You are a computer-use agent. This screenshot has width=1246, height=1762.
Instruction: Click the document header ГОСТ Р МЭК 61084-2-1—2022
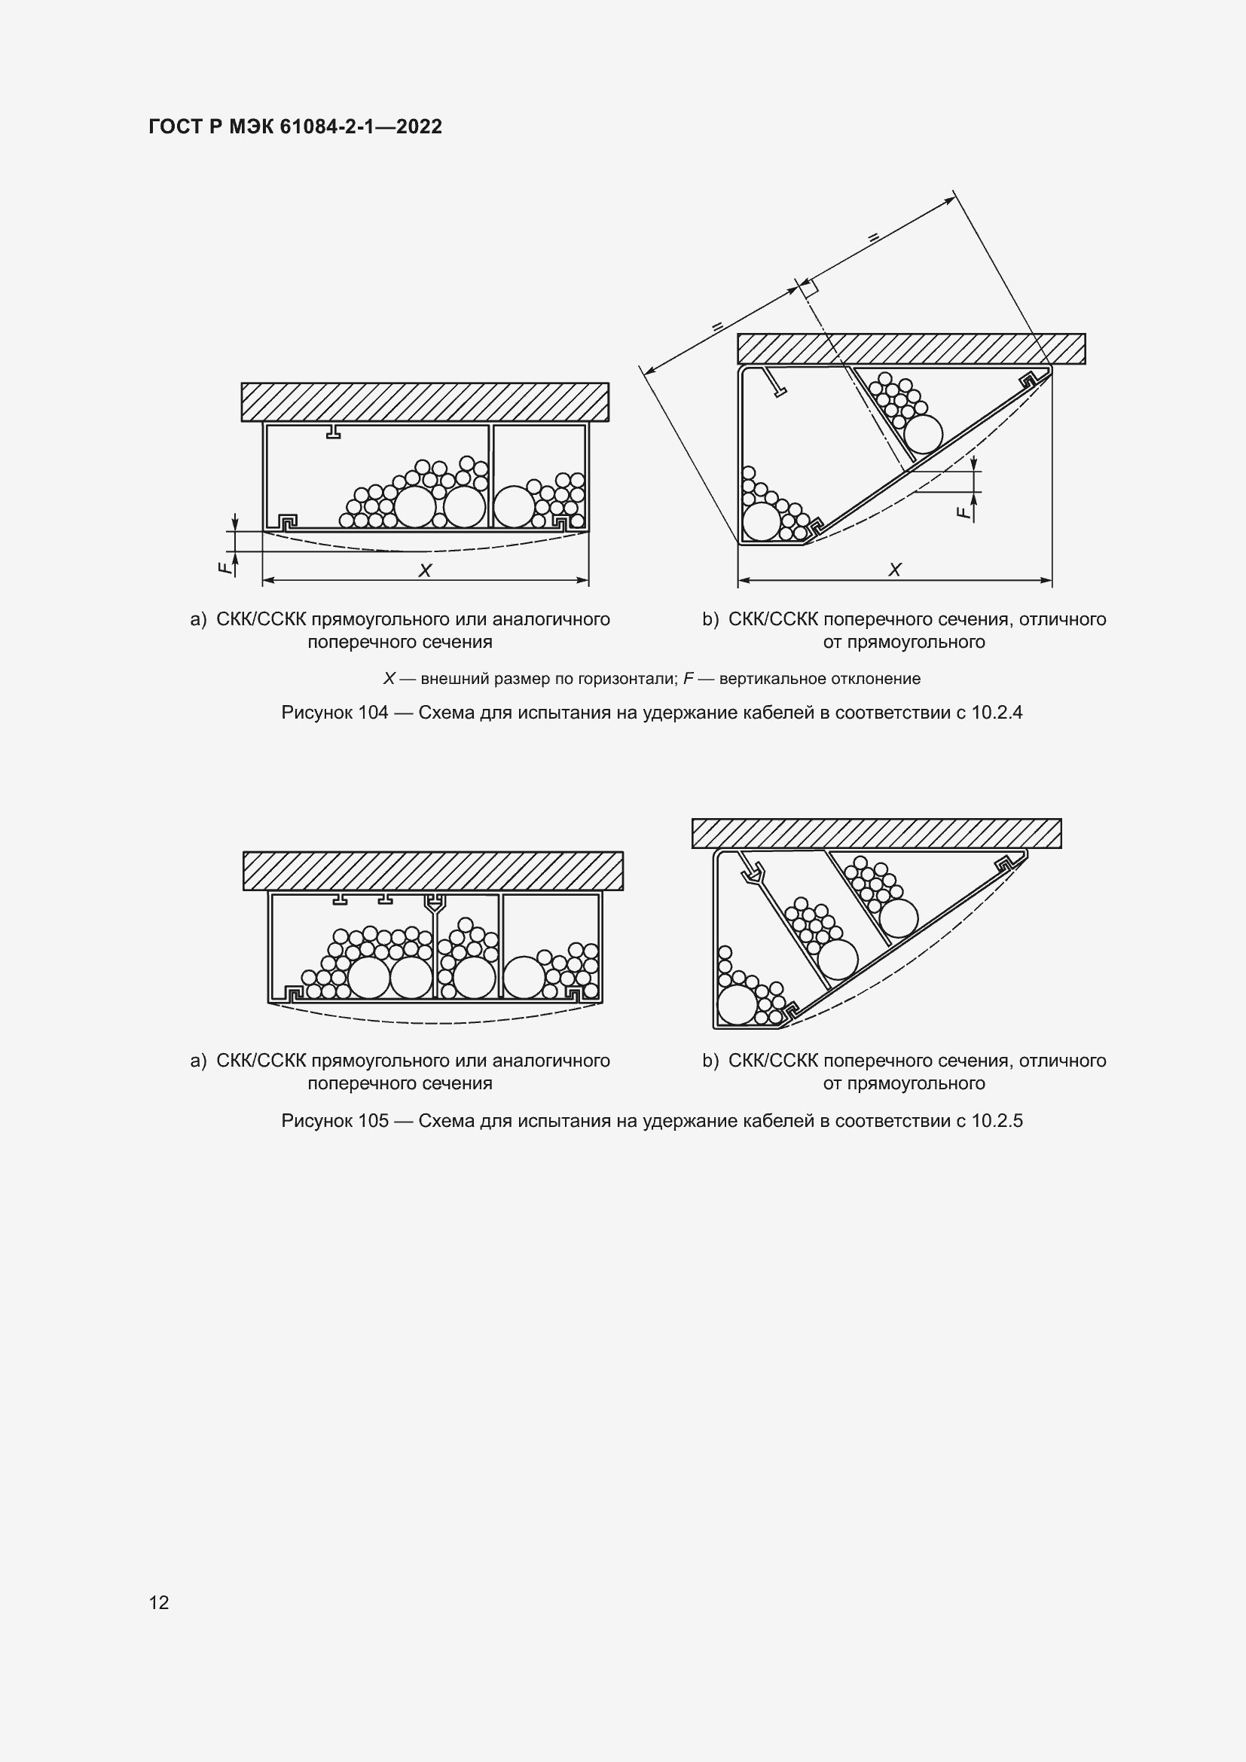click(x=295, y=127)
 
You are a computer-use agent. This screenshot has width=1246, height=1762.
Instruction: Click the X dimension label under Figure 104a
click(x=424, y=571)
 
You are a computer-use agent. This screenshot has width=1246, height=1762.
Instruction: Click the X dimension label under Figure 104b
click(x=895, y=570)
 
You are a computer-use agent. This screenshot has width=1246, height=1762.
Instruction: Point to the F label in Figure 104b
click(x=964, y=511)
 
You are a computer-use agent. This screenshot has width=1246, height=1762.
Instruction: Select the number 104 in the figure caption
click(x=373, y=713)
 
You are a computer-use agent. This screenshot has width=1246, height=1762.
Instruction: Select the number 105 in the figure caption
click(x=373, y=1121)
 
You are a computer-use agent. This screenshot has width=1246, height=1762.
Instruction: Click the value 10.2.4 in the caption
click(x=997, y=713)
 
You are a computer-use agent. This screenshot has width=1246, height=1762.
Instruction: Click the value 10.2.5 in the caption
click(x=997, y=1121)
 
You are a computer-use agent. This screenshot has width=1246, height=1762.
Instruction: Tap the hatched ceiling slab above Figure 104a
click(x=424, y=402)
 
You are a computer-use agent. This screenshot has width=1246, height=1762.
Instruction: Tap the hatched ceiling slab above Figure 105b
click(x=876, y=833)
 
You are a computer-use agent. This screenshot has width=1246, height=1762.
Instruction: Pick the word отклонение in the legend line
click(x=881, y=679)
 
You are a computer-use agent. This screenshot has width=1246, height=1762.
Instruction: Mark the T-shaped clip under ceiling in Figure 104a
click(x=333, y=431)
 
